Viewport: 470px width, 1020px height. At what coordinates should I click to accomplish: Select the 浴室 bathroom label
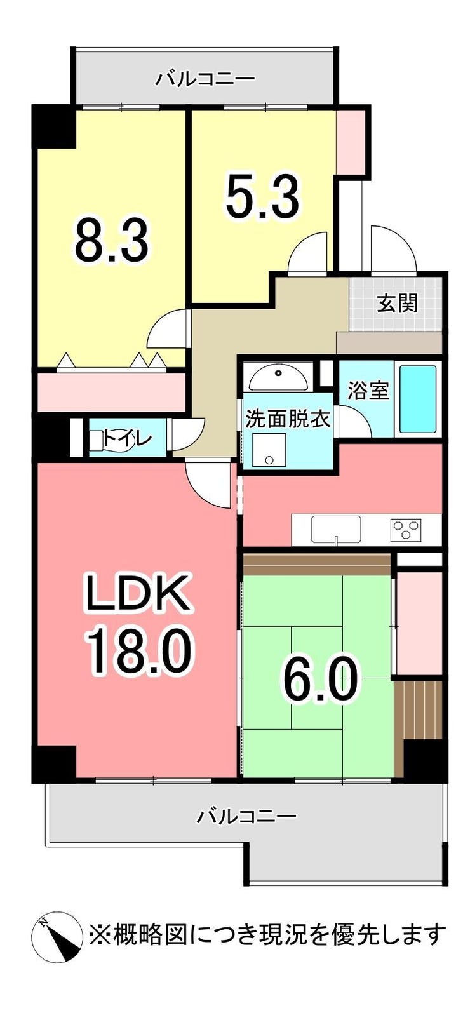tap(368, 391)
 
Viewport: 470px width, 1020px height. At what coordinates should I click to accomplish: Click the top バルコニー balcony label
tap(205, 79)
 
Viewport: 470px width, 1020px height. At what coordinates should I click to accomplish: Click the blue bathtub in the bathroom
tap(418, 399)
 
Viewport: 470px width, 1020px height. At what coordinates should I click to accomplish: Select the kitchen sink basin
tap(336, 529)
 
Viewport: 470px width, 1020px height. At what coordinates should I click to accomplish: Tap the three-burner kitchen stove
tap(406, 530)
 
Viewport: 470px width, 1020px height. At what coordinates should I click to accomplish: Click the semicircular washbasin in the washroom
tap(278, 379)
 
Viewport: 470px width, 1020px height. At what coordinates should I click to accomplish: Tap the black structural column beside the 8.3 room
tap(54, 126)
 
